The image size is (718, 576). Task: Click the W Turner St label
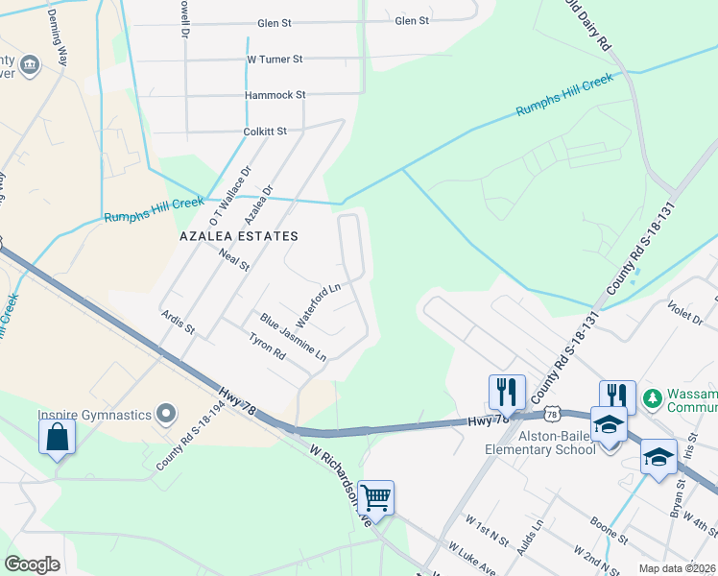[275, 60]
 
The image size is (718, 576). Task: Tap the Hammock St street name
[275, 95]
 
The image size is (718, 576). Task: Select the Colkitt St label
[266, 131]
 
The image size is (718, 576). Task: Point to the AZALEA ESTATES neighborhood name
[239, 235]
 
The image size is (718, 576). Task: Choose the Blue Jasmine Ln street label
[293, 337]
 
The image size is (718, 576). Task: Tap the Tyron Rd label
[267, 347]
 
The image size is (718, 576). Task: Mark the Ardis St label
[179, 322]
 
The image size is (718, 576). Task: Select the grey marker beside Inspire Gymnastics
[166, 415]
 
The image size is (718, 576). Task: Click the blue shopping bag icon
[58, 437]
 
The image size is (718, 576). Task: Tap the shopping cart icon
[376, 497]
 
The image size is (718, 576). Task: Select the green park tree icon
[653, 397]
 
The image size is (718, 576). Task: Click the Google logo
[33, 564]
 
